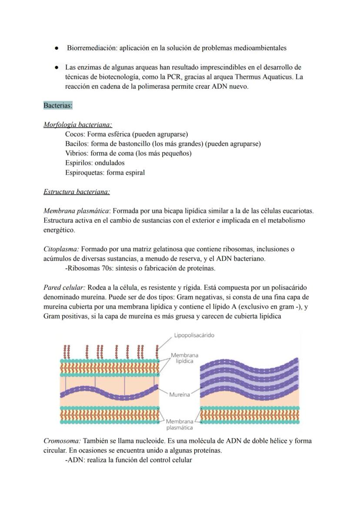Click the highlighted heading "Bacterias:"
click(58, 106)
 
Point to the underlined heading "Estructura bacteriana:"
click(77, 192)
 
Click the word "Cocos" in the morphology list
click(75, 134)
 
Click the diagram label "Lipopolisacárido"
click(194, 335)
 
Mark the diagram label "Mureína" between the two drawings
click(179, 395)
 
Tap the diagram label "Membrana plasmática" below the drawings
click(180, 425)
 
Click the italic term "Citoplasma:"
click(61, 249)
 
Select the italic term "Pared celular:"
click(64, 288)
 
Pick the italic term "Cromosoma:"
click(62, 441)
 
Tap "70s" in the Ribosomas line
click(103, 268)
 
